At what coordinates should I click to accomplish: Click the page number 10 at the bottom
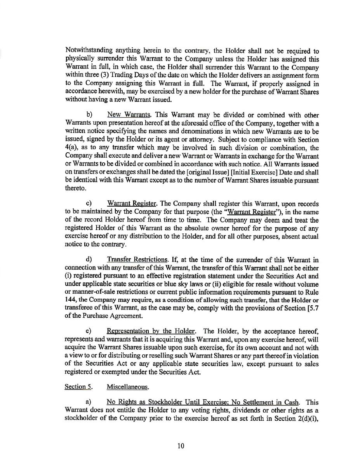180,446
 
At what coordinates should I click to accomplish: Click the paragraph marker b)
89,115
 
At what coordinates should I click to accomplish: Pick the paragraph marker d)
89,259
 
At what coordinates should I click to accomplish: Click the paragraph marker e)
88,331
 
